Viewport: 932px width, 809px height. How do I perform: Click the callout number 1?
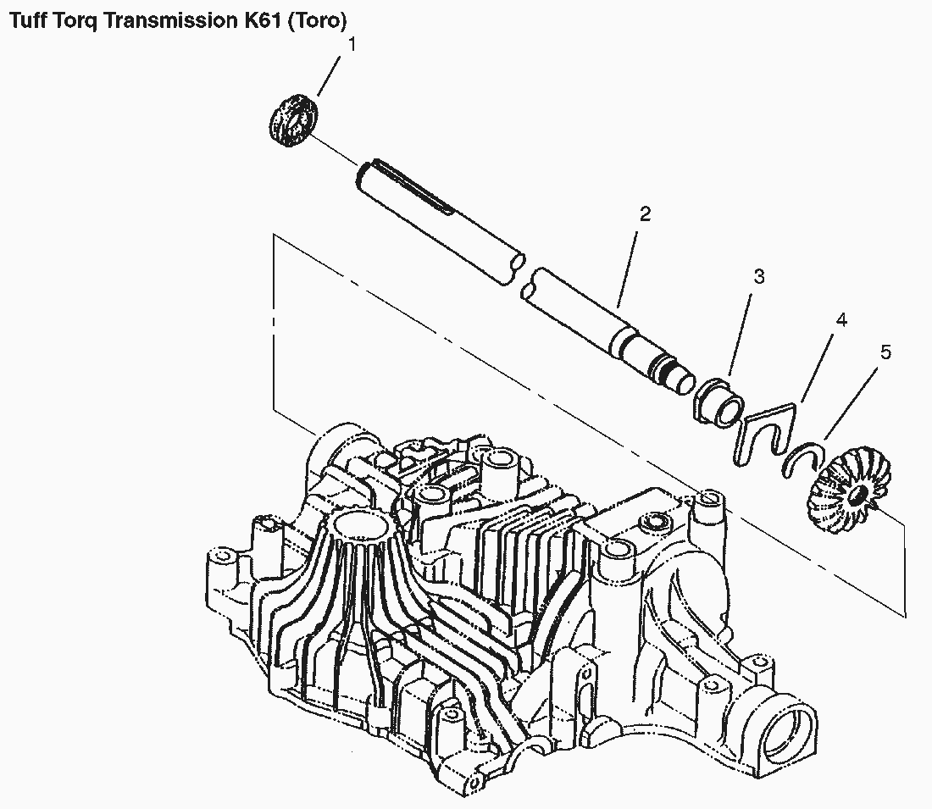coord(352,45)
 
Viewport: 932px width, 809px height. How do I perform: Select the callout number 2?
coord(645,214)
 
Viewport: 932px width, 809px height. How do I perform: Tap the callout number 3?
coord(759,276)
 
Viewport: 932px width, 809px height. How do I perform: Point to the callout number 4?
coord(841,320)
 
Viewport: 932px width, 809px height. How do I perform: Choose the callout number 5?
coord(885,352)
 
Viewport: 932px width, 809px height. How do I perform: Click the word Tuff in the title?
coord(27,21)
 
